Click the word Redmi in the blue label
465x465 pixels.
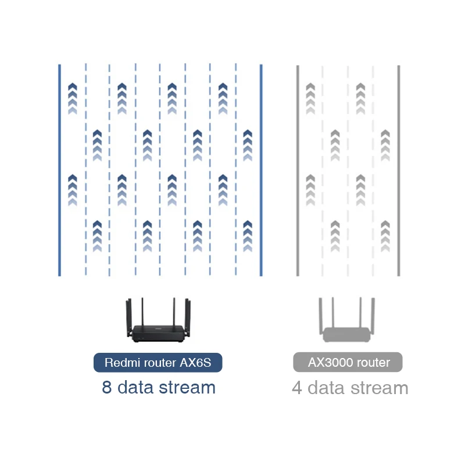point(120,363)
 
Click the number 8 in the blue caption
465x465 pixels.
point(107,387)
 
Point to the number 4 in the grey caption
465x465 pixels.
point(297,388)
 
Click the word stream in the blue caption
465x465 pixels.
point(187,387)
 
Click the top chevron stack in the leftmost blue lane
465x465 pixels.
point(73,98)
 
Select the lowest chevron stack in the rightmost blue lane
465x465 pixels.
point(248,236)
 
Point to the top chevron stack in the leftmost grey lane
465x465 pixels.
point(310,98)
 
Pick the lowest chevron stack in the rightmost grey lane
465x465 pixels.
point(385,236)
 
